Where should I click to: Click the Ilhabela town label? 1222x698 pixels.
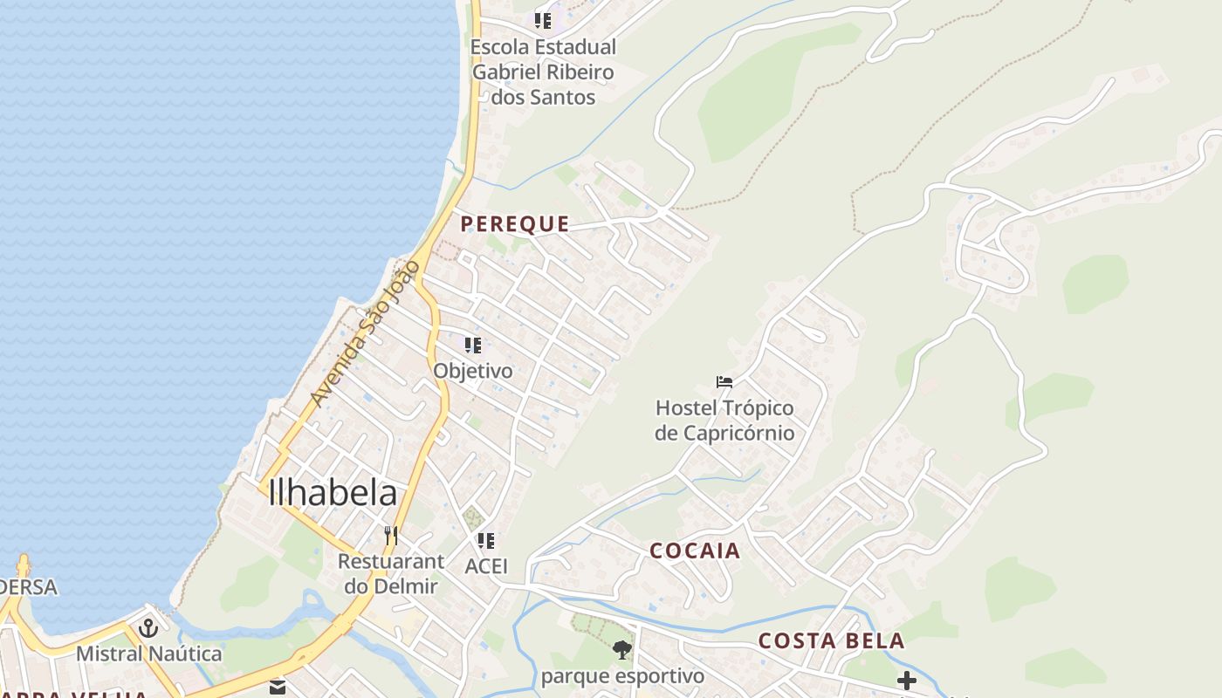[x=333, y=494]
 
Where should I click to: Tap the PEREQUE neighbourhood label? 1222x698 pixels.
[x=515, y=224]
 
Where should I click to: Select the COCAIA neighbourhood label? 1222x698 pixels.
[x=695, y=551]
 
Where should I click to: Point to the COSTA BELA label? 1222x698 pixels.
[x=831, y=641]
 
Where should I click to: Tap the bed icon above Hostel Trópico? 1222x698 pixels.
[x=724, y=381]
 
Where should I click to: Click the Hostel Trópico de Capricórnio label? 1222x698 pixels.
[x=724, y=420]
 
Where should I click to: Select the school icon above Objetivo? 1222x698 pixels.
[x=473, y=346]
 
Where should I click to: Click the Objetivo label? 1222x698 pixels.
[x=473, y=371]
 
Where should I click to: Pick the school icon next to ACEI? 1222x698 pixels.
[x=486, y=541]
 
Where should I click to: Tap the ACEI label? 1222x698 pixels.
[x=486, y=566]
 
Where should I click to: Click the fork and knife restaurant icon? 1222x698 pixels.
[x=391, y=535]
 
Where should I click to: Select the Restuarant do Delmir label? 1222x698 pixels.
[x=391, y=573]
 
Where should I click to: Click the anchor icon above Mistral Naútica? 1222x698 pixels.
[x=148, y=628]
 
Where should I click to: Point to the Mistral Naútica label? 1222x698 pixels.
[x=148, y=654]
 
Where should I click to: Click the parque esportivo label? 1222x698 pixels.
[x=622, y=676]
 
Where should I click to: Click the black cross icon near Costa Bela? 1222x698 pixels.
[x=907, y=681]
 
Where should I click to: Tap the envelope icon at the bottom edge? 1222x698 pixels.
[x=278, y=688]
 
